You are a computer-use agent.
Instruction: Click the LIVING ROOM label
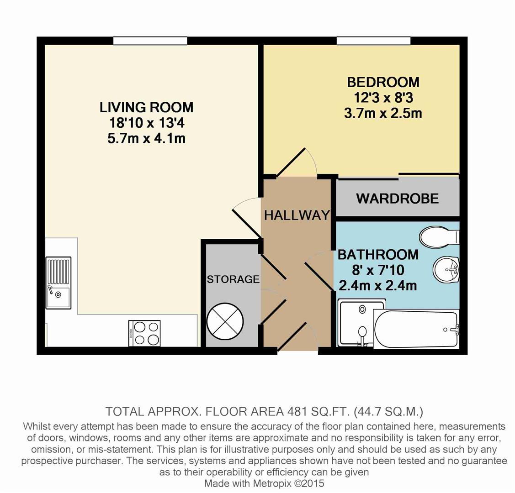[x=147, y=108]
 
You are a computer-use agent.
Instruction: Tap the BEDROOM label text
[x=383, y=82]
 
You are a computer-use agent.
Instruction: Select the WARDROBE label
[x=398, y=199]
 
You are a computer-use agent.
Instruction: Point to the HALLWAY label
[x=297, y=215]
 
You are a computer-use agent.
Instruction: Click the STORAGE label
[x=233, y=279]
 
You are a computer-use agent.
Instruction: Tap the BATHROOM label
[x=378, y=255]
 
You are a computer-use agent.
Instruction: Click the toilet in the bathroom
[x=440, y=237]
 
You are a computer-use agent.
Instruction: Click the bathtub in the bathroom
[x=416, y=329]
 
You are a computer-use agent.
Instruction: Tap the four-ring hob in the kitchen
[x=145, y=333]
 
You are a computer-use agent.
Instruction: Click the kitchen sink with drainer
[x=58, y=283]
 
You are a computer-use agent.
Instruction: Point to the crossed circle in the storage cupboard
[x=225, y=321]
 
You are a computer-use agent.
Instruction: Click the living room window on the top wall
[x=150, y=41]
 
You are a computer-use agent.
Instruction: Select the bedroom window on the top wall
[x=373, y=41]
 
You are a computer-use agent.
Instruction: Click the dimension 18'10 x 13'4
[x=147, y=123]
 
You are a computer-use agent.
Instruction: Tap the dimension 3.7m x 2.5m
[x=383, y=114]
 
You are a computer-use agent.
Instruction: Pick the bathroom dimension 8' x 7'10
[x=378, y=270]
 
